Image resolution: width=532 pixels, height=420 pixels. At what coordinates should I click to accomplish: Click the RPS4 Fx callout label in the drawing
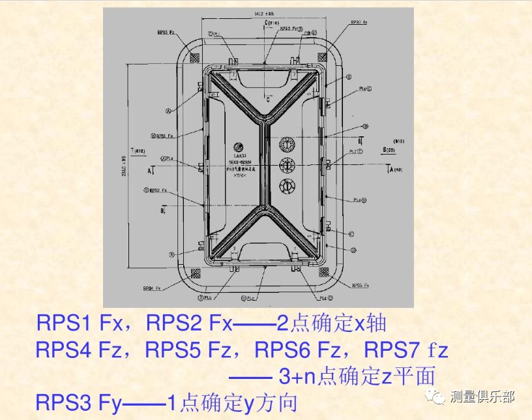[x=152, y=287]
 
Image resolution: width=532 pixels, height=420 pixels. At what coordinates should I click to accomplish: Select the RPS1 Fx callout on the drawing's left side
[x=161, y=136]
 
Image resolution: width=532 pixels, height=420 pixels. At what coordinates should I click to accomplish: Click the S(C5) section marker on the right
[x=390, y=150]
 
